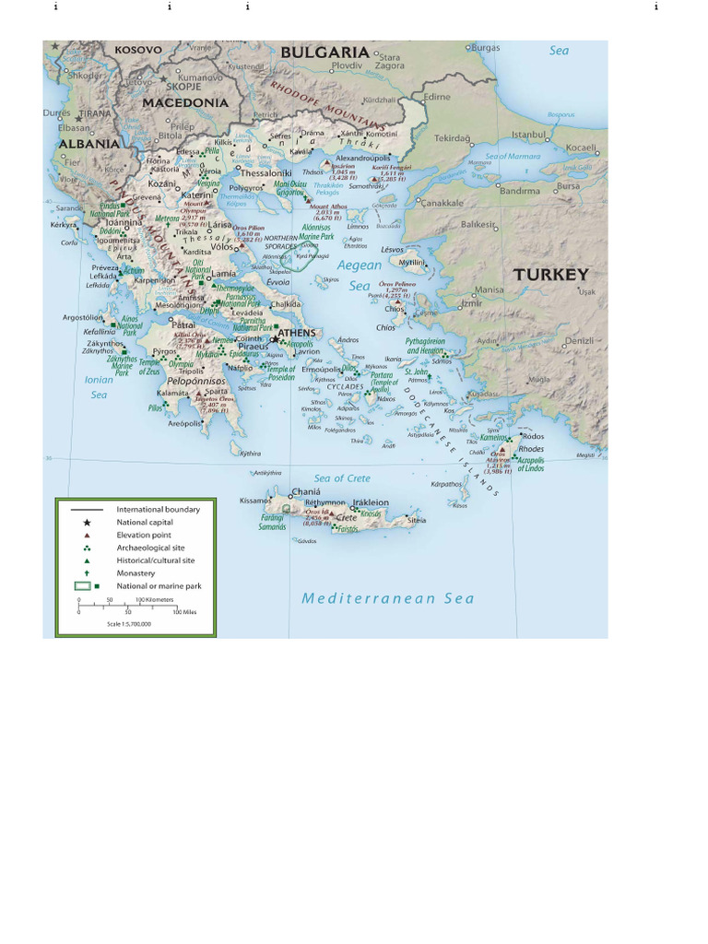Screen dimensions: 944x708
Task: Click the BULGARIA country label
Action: tap(324, 53)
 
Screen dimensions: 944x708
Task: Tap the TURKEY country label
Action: tap(550, 275)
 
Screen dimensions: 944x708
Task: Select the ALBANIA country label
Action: tap(88, 144)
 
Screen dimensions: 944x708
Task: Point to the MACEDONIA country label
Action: tap(185, 102)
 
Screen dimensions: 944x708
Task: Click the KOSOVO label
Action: tap(136, 50)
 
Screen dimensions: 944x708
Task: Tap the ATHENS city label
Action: tap(297, 333)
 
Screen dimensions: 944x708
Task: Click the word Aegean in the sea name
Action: tap(359, 265)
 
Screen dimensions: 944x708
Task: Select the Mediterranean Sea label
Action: tap(388, 598)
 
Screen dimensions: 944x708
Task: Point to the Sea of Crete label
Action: tap(342, 478)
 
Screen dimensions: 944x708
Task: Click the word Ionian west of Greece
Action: tap(99, 379)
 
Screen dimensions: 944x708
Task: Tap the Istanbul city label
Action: tap(529, 135)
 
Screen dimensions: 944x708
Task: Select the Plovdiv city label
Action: tap(348, 65)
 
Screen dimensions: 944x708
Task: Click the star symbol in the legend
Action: tap(87, 522)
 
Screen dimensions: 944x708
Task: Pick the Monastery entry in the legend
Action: tap(136, 572)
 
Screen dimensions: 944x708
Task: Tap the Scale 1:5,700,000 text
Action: tap(128, 624)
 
